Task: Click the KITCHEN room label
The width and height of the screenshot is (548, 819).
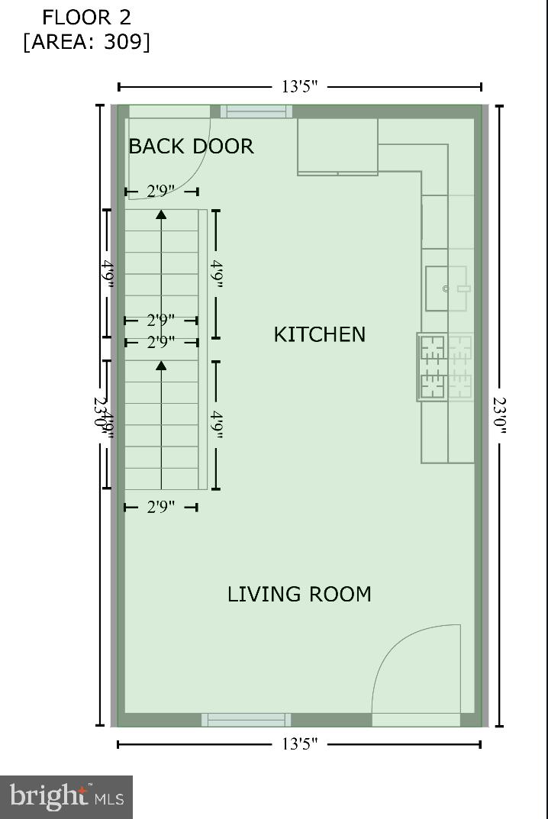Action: (319, 334)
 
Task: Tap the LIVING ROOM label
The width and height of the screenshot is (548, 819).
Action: (299, 594)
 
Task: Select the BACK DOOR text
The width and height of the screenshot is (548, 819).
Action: (191, 146)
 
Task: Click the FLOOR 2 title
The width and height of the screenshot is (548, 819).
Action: (86, 17)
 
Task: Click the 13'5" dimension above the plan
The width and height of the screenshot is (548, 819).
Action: (299, 86)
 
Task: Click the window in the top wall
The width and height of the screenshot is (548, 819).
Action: (256, 111)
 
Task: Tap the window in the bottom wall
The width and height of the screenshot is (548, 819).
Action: (246, 720)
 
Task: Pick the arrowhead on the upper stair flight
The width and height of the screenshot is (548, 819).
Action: (161, 214)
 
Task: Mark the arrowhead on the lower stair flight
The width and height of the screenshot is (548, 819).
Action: (161, 366)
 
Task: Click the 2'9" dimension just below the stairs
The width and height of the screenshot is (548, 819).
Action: (160, 507)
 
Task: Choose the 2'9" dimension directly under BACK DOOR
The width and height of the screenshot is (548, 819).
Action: (160, 191)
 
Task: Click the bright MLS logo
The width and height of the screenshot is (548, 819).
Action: (66, 798)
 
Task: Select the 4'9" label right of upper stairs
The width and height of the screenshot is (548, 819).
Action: (217, 274)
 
